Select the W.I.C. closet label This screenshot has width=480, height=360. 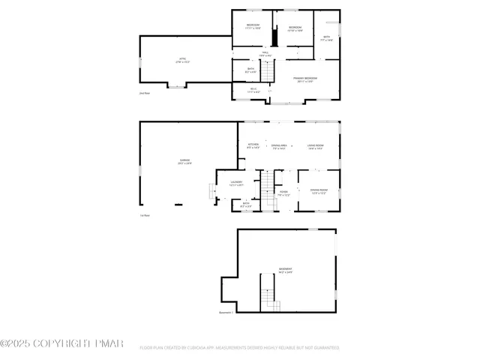click(253, 91)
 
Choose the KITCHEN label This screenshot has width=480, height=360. click(253, 145)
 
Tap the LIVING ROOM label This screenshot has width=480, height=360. click(315, 145)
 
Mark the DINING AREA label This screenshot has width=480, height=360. click(278, 145)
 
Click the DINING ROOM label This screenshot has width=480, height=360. click(319, 190)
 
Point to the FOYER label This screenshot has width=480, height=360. click(284, 193)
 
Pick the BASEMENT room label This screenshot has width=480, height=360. click(286, 270)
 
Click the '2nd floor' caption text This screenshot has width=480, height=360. click(145, 93)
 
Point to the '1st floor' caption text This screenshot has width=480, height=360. click(145, 215)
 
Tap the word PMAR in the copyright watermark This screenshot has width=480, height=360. click(109, 343)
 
